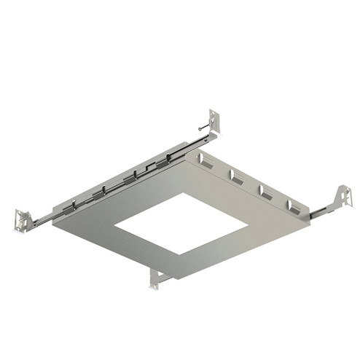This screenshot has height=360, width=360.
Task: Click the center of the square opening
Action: point(181,224)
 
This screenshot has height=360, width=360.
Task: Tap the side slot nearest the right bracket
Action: point(294,206)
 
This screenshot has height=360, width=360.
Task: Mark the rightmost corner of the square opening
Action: point(249,222)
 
